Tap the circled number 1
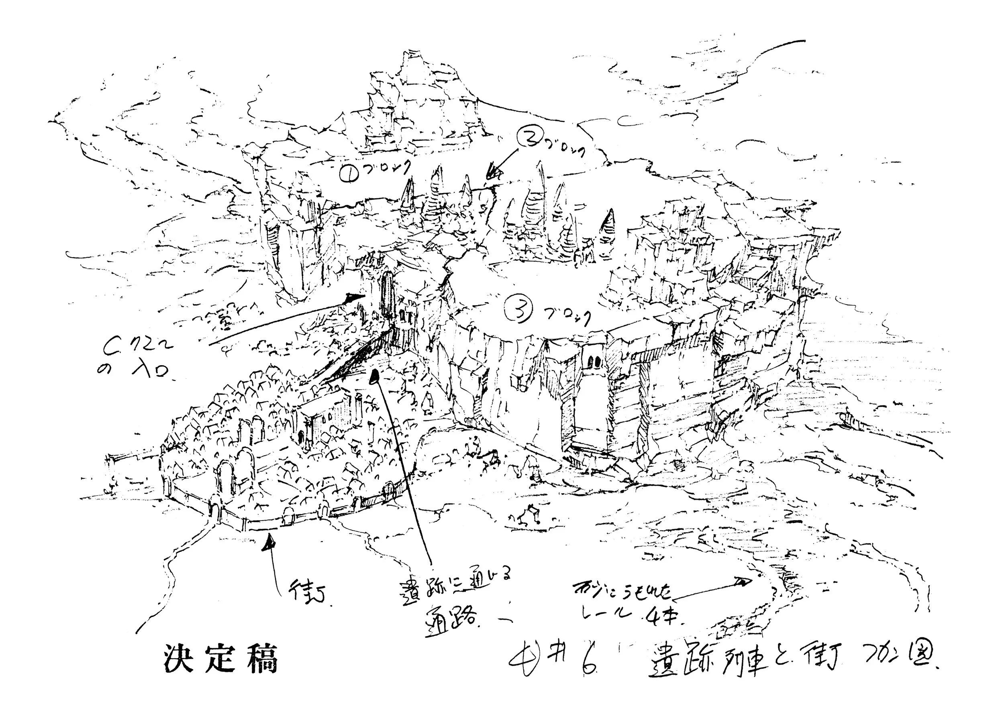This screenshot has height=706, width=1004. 349,175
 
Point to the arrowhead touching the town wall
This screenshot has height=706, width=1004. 269,543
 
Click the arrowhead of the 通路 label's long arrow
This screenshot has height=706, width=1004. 374,376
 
